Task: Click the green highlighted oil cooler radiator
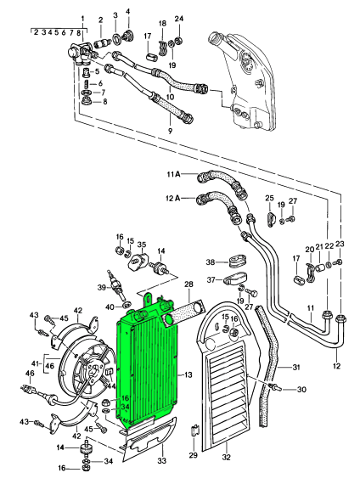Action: [x=147, y=364]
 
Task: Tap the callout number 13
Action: [x=188, y=375]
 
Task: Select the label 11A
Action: [x=173, y=174]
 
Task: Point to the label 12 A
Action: [x=173, y=198]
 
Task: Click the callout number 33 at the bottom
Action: [x=162, y=461]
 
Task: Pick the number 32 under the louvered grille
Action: [x=227, y=457]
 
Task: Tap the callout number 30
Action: [x=301, y=389]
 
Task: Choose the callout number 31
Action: [x=295, y=368]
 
